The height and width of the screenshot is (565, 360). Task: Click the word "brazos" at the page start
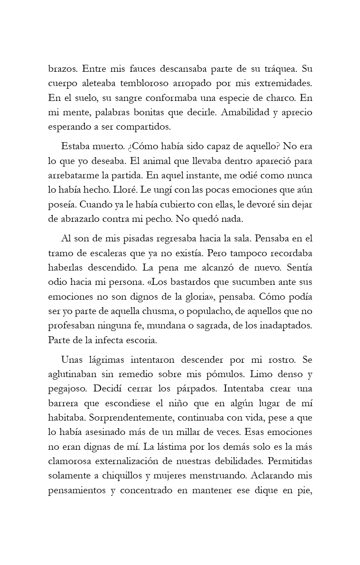(x=62, y=69)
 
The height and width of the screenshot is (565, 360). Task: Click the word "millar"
(x=201, y=432)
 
